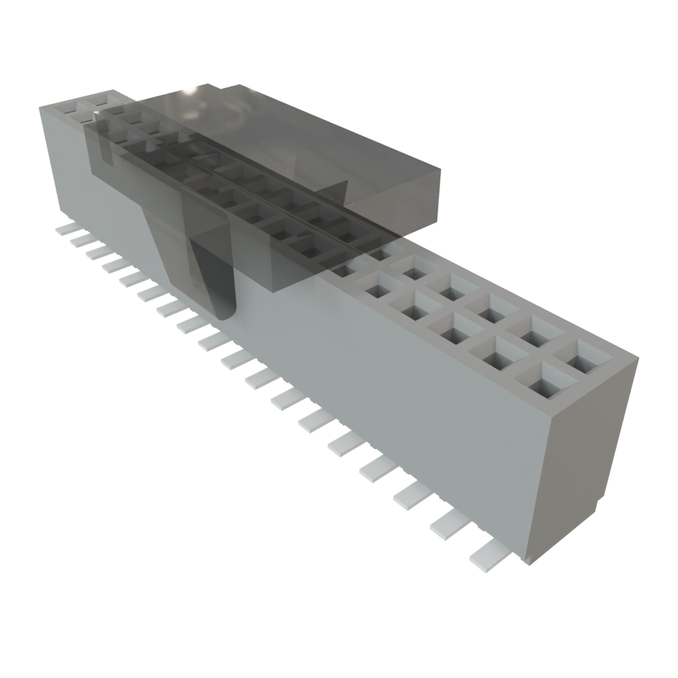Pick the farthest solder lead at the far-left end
[x=66, y=228]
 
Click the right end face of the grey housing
[x=583, y=463]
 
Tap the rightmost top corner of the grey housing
[x=638, y=358]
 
